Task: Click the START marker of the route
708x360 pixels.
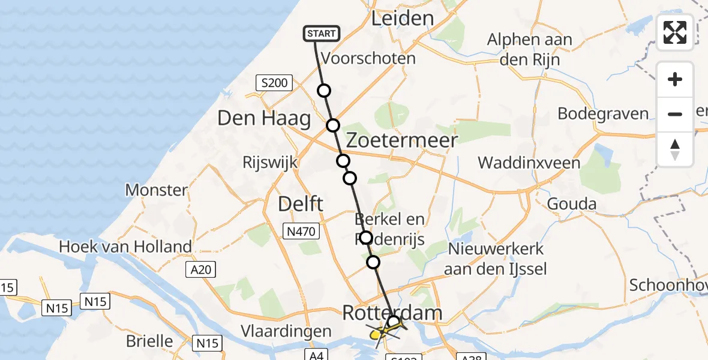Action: pos(322,34)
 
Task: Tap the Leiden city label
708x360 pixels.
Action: pos(402,18)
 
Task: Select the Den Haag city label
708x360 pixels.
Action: pos(264,118)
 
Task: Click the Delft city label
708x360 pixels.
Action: pos(301,204)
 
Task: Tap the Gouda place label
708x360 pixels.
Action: pos(572,204)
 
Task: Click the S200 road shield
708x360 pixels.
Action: pos(275,83)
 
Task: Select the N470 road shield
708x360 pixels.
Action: pos(302,231)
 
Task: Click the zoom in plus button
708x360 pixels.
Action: pos(675,80)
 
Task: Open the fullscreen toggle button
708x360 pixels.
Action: pos(675,32)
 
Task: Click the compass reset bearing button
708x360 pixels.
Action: pos(675,149)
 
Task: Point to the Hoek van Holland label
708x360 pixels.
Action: pos(125,246)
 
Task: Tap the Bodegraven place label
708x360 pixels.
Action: pos(603,113)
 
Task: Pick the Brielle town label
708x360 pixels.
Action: pos(149,341)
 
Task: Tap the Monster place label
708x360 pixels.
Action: pos(156,190)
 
